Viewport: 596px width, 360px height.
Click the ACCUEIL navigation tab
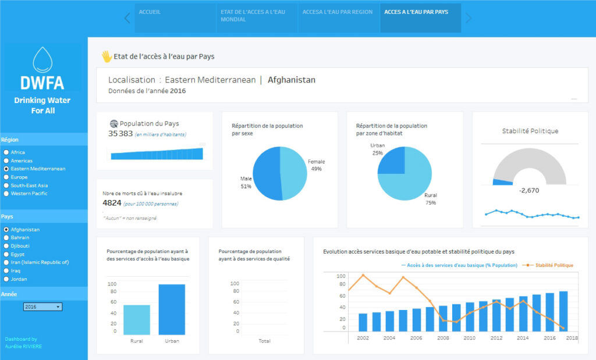coord(150,12)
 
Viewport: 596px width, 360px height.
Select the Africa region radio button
coord(6,152)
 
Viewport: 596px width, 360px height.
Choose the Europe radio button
coord(6,177)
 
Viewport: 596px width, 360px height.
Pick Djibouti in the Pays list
coord(6,245)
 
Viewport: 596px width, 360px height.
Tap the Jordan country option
coord(6,279)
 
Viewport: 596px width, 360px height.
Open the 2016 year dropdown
coord(42,306)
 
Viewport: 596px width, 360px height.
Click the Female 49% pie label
coord(316,165)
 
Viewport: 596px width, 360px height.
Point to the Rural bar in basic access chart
coord(136,319)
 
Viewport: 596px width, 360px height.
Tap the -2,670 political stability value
coord(528,190)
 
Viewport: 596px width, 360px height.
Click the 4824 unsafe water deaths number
coord(112,203)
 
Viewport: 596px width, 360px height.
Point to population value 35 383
coord(120,134)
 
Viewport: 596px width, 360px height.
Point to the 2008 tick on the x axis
coord(443,337)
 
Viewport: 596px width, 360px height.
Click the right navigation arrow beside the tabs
coord(469,18)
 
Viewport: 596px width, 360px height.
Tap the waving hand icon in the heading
coord(107,56)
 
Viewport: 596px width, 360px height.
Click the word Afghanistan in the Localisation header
coord(292,80)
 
